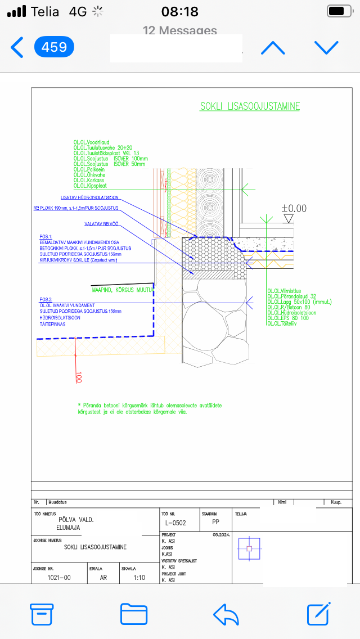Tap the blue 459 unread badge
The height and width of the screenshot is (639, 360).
click(x=54, y=47)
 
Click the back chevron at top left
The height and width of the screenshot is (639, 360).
click(x=17, y=47)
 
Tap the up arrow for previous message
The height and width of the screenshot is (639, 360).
click(x=273, y=47)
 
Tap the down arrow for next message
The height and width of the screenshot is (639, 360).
click(x=326, y=47)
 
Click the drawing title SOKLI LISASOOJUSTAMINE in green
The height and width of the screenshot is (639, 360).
click(x=250, y=106)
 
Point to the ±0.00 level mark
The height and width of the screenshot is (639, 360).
click(x=294, y=208)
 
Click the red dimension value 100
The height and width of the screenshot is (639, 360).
click(x=79, y=376)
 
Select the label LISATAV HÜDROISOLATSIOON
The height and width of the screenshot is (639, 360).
click(x=89, y=197)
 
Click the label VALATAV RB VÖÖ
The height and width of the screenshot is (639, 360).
click(x=103, y=224)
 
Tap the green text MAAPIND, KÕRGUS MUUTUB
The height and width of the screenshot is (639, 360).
click(x=123, y=290)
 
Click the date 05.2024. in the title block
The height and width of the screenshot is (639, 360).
click(x=222, y=535)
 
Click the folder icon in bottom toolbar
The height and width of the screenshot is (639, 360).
click(x=134, y=614)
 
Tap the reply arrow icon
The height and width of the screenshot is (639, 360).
click(x=226, y=614)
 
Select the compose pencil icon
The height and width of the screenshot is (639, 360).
click(x=318, y=614)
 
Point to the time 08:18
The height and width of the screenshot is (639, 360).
click(x=180, y=11)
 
